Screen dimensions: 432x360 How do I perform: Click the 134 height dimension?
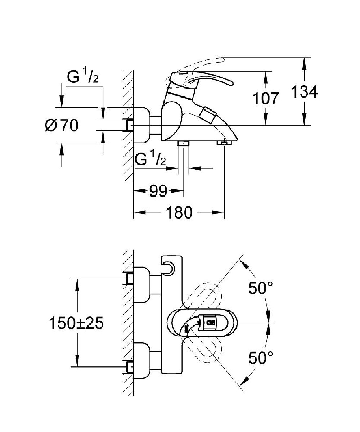click(x=304, y=92)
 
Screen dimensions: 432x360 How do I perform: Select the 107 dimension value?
click(x=266, y=98)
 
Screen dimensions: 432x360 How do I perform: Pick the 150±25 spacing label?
click(x=76, y=323)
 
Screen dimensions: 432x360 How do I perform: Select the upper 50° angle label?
click(x=260, y=288)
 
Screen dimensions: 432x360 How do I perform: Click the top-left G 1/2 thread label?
click(x=83, y=78)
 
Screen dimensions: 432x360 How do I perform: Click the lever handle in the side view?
click(x=202, y=80)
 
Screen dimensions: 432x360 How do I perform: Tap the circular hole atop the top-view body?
click(x=169, y=268)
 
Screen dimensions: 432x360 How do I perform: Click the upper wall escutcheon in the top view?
click(x=143, y=284)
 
